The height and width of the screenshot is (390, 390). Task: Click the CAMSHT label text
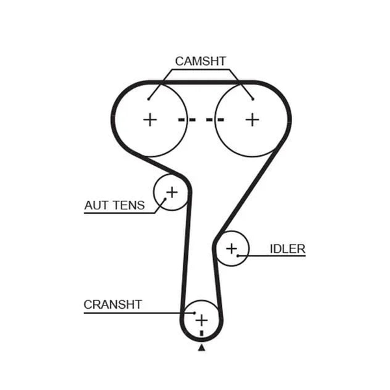click(200, 61)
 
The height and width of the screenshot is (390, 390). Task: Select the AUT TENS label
click(114, 205)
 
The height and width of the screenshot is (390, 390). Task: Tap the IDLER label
click(287, 249)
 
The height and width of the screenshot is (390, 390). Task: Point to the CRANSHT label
click(112, 305)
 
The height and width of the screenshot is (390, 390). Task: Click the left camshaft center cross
click(150, 120)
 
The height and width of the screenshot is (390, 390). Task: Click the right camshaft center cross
click(252, 120)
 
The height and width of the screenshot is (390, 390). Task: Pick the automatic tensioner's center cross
click(172, 192)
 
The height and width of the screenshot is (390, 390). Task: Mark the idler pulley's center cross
click(231, 248)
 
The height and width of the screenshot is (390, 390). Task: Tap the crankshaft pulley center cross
click(201, 320)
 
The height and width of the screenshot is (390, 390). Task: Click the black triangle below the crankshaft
click(201, 348)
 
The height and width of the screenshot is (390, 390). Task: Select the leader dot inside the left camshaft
click(148, 99)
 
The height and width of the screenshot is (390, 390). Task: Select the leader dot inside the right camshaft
click(253, 99)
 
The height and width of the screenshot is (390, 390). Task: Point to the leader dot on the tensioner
click(165, 199)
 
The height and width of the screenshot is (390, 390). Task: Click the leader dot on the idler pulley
click(238, 255)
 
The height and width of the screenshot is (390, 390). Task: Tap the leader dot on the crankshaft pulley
click(194, 313)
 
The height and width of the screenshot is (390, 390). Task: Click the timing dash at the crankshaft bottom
click(201, 333)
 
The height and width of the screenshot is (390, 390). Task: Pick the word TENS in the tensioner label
click(129, 205)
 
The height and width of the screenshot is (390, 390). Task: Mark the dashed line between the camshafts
click(201, 120)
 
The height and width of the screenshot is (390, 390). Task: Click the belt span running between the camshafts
click(201, 83)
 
